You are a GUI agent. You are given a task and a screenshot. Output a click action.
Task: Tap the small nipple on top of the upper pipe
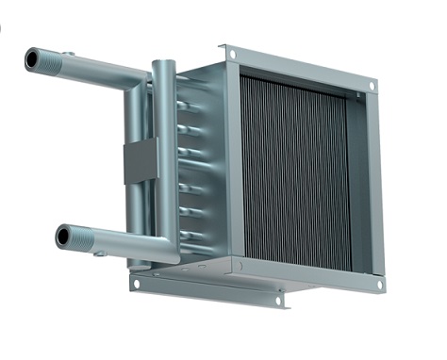point(68,55)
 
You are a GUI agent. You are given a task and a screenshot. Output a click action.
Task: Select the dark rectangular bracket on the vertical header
point(140,160)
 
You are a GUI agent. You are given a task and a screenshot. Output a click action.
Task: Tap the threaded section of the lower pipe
point(83,237)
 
